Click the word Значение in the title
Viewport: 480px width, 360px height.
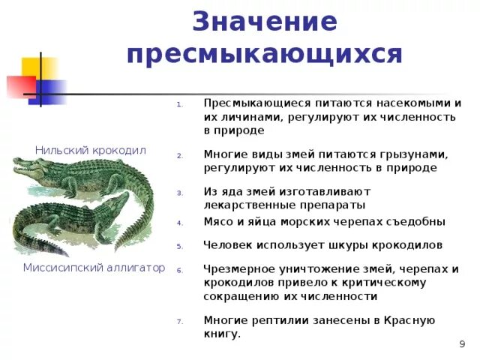[265, 22]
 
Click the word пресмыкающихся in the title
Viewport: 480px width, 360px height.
[265, 55]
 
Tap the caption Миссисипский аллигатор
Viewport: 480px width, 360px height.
[94, 268]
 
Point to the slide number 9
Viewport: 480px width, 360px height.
[461, 343]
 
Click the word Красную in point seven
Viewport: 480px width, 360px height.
[409, 320]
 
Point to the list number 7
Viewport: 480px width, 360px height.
[180, 322]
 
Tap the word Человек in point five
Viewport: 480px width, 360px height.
[228, 244]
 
